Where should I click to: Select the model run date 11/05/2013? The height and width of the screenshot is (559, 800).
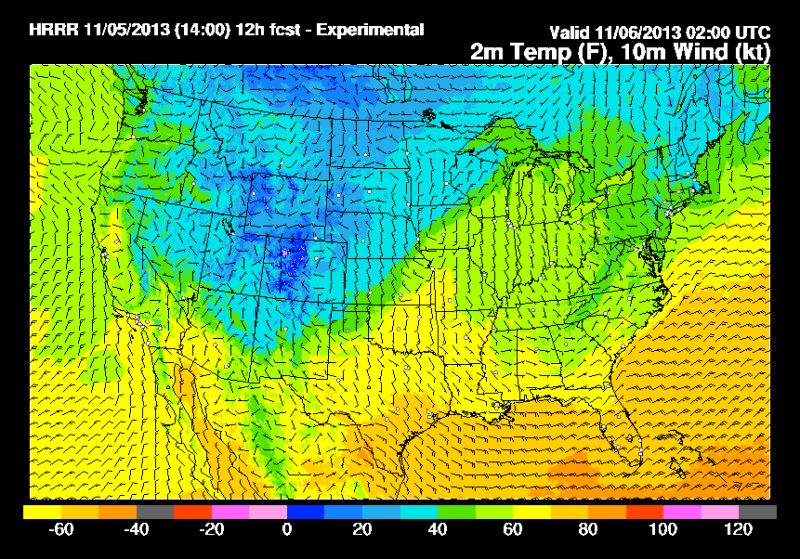point(113,31)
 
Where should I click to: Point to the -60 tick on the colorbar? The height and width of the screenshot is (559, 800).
point(62,529)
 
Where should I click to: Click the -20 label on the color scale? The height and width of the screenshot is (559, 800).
point(212,529)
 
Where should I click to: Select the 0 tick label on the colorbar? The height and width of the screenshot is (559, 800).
point(288,529)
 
